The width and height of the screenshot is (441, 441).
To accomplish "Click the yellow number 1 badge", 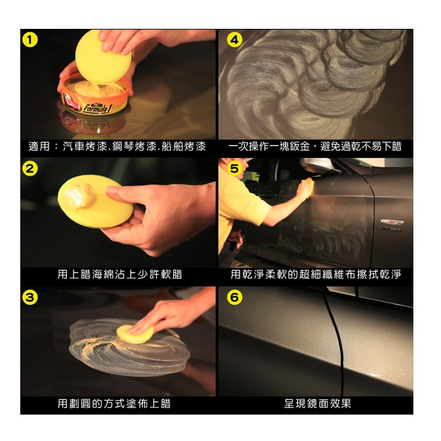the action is point(30,40).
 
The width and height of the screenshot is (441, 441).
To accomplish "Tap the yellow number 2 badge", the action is point(30,169).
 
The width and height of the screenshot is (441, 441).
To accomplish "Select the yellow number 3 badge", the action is point(30,297).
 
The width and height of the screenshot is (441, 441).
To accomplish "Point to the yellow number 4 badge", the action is point(235,40).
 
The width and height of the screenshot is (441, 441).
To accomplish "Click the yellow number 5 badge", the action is point(235,169).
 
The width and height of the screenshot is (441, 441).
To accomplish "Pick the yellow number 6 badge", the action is point(235,297).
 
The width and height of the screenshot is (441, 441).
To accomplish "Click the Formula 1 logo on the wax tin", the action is point(97,108).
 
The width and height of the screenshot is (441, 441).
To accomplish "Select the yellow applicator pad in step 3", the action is point(135,334).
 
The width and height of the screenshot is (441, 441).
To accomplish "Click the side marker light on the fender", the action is point(392,222).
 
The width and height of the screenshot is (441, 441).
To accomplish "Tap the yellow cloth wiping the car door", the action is point(306,187).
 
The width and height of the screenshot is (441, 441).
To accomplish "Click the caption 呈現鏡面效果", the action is point(318,404).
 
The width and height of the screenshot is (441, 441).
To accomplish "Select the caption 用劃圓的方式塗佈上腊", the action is point(114,404).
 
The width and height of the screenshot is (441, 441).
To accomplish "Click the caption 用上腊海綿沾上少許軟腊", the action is point(120,274).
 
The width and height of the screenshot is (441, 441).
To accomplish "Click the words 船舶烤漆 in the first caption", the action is point(184,147).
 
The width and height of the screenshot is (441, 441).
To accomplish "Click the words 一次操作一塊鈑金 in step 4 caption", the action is point(268,147).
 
